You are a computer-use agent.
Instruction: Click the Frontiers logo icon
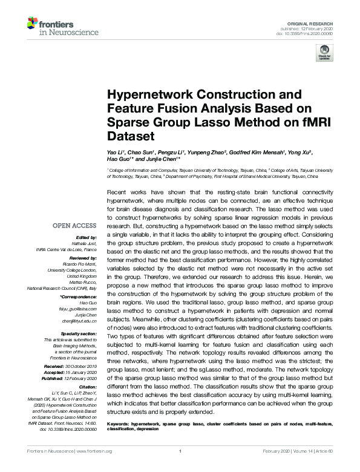[31, 25]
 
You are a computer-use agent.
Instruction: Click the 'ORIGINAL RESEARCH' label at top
[315, 22]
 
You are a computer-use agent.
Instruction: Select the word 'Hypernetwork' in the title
[146, 96]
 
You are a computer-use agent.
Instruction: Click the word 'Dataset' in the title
[129, 137]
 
